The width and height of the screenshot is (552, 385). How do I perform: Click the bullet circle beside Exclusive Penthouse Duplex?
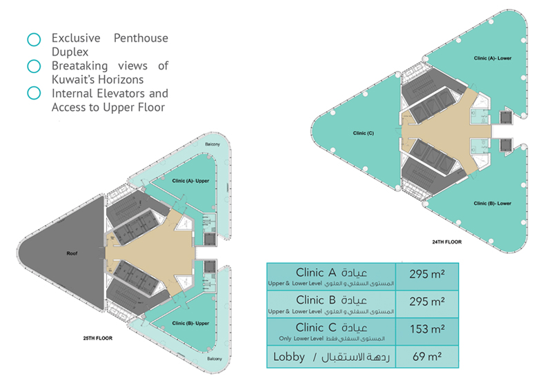[32, 39]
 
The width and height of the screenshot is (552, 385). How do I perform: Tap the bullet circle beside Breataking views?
[32, 66]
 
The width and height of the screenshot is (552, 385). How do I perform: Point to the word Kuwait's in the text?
[74, 79]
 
